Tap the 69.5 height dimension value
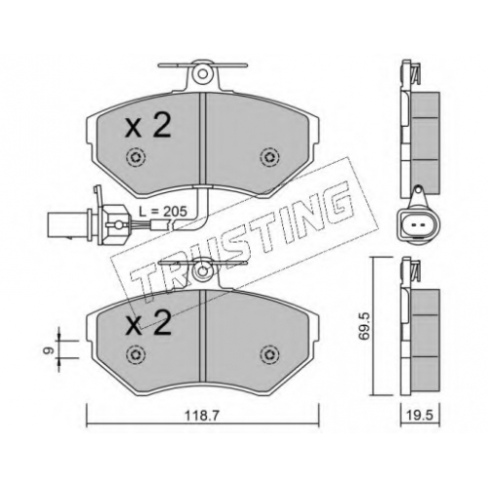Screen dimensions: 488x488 (x=363, y=326)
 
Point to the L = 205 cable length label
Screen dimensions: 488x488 (x=163, y=212)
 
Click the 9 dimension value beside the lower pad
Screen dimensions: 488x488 (x=50, y=350)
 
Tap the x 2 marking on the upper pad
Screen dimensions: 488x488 (x=148, y=128)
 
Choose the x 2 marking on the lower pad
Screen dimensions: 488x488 (x=148, y=323)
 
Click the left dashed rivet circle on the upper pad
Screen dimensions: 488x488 (x=136, y=158)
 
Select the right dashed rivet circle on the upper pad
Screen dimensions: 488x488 (x=270, y=158)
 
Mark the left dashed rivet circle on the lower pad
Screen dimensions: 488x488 (x=136, y=353)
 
